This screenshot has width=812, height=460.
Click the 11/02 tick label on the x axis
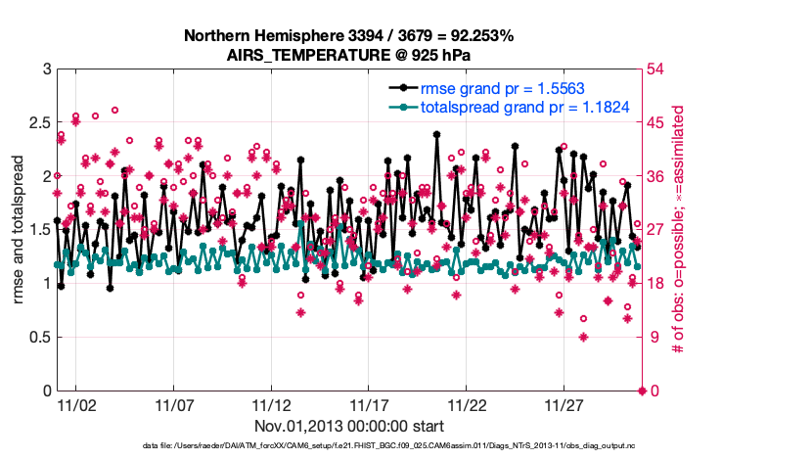[75, 404]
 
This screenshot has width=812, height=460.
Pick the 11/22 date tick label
[467, 404]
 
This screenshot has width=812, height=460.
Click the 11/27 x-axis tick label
[564, 404]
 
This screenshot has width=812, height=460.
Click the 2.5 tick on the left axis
[36, 122]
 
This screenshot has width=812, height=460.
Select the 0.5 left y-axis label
[36, 338]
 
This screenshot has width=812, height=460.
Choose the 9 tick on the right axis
[655, 338]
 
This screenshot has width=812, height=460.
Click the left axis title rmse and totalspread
[19, 230]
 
